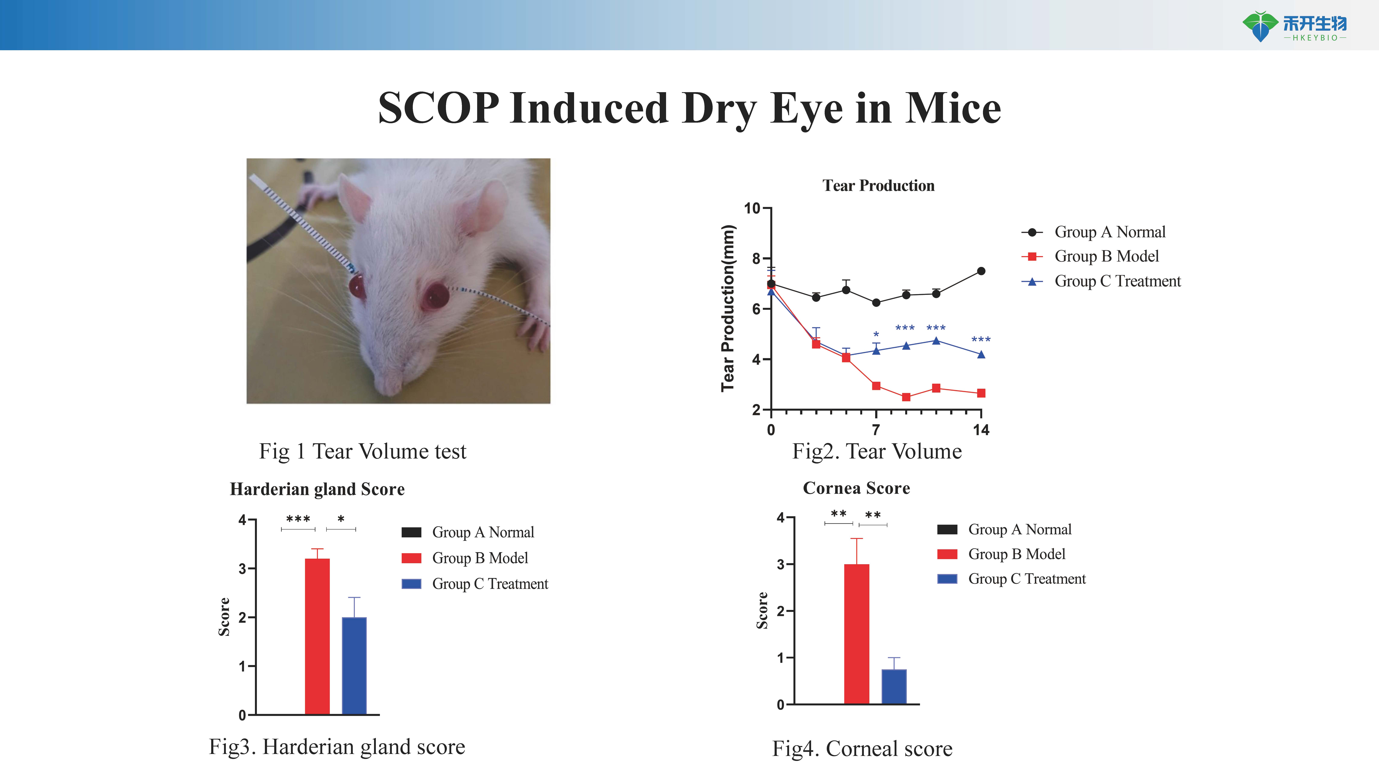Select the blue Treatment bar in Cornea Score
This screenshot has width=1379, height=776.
pos(894,687)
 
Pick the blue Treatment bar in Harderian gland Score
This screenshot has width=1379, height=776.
pos(354,666)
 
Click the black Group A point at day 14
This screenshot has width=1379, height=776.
pos(981,271)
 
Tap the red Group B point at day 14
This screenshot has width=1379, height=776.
pos(981,393)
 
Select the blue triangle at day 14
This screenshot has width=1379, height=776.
pos(981,354)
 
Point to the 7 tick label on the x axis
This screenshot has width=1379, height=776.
pos(876,430)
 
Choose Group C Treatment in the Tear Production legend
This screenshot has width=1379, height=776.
pos(1118,281)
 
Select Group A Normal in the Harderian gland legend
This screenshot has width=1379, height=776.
pos(483,532)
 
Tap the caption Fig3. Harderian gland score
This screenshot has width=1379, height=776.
pos(337,747)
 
